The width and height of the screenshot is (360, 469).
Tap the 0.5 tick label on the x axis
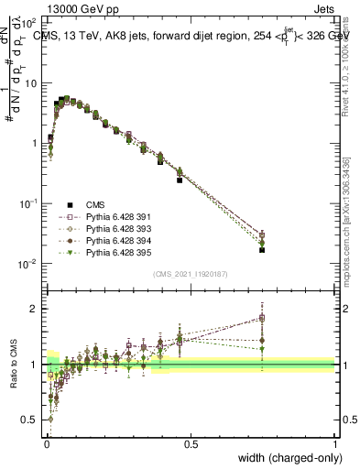[191, 444]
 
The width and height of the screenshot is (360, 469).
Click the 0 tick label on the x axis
[46, 444]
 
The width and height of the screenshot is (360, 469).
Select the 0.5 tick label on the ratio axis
[29, 420]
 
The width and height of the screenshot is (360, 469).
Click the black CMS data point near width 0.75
[262, 249]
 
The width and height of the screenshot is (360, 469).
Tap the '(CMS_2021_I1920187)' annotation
[191, 274]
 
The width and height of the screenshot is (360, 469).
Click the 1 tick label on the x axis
[334, 444]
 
